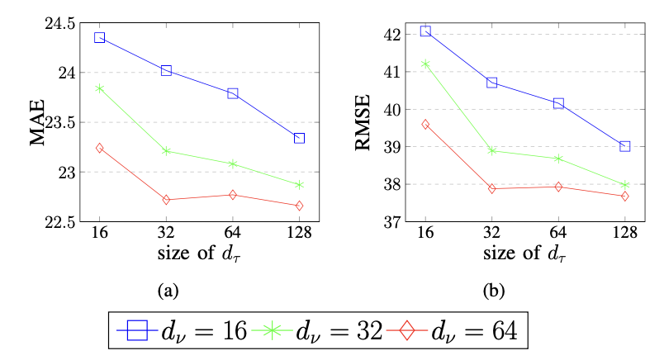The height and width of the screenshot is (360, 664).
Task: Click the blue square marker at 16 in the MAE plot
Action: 99,37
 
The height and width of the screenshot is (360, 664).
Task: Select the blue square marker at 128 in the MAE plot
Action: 299,138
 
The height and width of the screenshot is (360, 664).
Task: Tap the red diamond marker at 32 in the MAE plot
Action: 166,200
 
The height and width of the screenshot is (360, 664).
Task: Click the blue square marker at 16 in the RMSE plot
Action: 425,31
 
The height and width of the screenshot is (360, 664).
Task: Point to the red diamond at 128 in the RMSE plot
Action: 625,196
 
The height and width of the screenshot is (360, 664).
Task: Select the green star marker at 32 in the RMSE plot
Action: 492,150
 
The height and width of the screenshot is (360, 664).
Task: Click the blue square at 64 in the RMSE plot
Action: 558,103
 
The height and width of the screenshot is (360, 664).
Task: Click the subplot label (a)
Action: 168,290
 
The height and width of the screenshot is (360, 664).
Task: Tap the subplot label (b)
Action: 492,290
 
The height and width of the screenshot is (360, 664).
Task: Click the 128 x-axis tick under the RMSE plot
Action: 625,234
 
